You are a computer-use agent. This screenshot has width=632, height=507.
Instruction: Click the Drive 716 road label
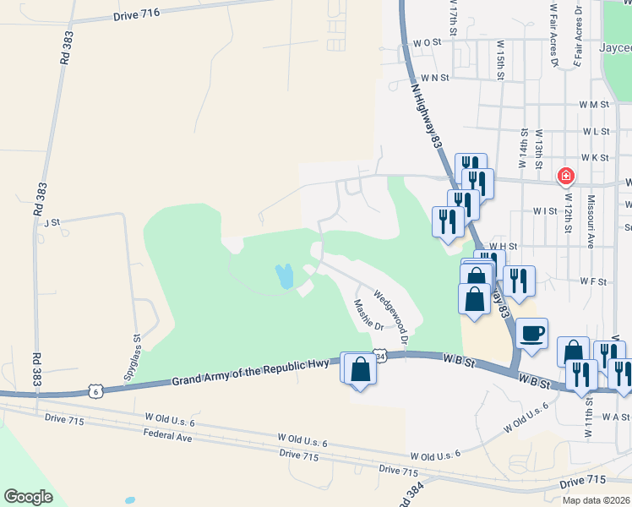click(136, 16)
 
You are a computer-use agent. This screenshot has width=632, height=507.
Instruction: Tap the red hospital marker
click(565, 177)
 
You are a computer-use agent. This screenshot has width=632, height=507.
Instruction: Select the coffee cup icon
click(531, 333)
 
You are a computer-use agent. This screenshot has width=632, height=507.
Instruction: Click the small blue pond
click(285, 275)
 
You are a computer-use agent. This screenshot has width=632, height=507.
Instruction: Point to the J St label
click(52, 222)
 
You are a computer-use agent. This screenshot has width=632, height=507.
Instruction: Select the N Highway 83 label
click(428, 116)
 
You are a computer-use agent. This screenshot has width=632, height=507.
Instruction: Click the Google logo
click(28, 497)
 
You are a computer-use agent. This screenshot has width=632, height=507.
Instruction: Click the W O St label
click(428, 41)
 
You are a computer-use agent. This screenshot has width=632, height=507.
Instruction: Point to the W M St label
click(594, 104)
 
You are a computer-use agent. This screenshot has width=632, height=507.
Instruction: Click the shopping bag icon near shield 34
click(361, 369)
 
